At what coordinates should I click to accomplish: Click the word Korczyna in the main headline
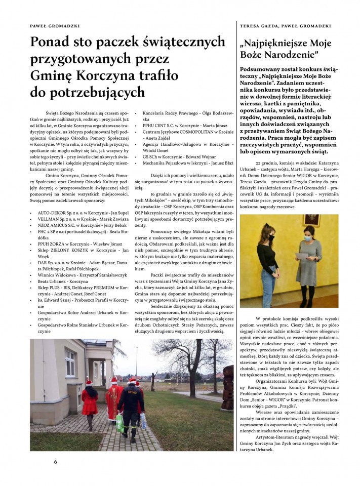[104, 75]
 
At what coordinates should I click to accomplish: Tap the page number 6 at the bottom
[56, 462]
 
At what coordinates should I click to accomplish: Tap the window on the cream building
[69, 362]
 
